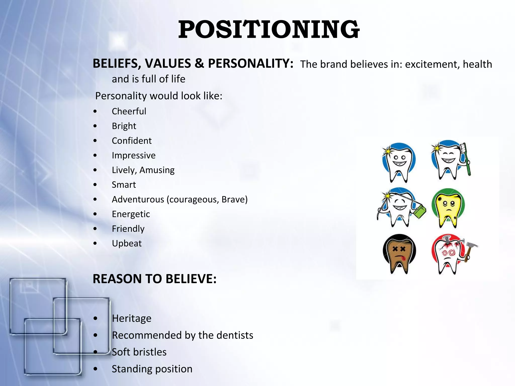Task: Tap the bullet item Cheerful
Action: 129,111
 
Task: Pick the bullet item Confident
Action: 132,141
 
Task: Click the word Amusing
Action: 157,170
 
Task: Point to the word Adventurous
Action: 138,200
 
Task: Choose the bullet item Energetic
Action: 131,214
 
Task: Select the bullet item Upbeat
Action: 127,244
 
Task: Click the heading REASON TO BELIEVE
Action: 154,279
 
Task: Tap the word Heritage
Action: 132,318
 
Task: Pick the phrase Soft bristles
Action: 139,352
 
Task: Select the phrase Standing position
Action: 152,369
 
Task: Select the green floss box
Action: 420,212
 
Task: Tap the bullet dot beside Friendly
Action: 95,229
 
